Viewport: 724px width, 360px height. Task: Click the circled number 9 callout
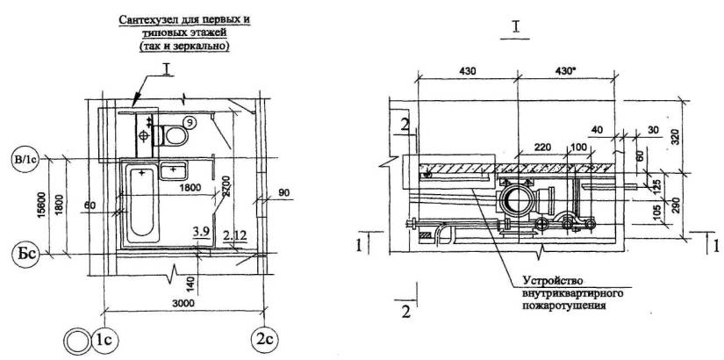tap(190, 122)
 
